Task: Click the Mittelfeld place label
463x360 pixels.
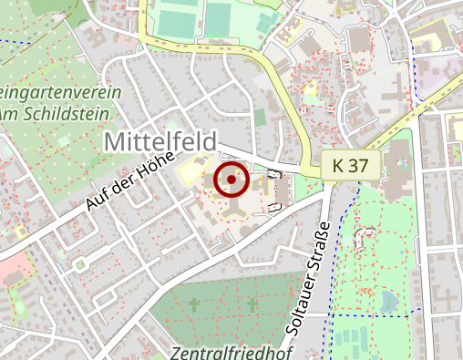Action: (x=160, y=142)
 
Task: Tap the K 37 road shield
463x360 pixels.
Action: (x=351, y=165)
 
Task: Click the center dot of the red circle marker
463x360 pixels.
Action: (x=231, y=180)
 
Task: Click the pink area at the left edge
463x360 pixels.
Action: (x=13, y=271)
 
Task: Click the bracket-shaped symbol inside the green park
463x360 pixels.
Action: (x=367, y=238)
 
